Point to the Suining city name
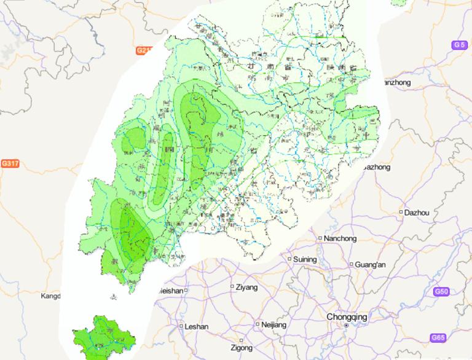tap(305, 259)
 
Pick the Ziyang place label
tap(248, 287)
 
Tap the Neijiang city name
tap(273, 324)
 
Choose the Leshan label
tap(197, 327)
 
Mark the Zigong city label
tap(241, 348)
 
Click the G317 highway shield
tap(10, 163)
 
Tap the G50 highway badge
tap(441, 291)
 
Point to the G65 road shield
tap(438, 338)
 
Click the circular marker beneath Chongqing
tap(346, 325)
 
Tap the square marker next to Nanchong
tap(320, 238)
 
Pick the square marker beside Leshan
tap(181, 327)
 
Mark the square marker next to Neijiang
tap(257, 324)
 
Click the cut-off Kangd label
tap(50, 296)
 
